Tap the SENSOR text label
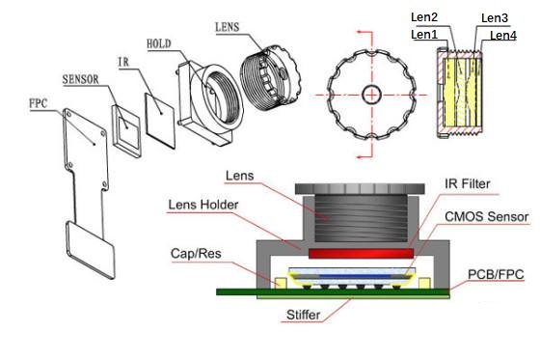(80, 77)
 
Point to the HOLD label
(161, 44)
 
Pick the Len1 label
(425, 35)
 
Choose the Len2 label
(425, 17)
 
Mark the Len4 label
(501, 36)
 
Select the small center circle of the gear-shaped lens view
(370, 94)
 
